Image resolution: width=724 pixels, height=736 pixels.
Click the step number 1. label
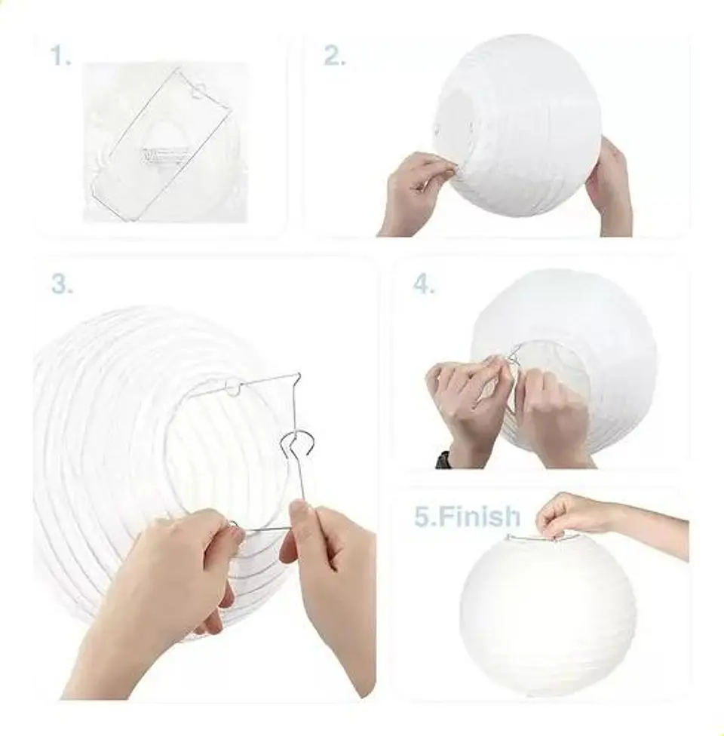point(61,56)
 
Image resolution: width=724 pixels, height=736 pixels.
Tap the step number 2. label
point(335,56)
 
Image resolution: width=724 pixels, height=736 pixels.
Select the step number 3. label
point(63,284)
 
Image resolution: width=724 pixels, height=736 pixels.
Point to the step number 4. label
point(424,284)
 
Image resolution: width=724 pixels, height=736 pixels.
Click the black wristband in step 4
point(443,458)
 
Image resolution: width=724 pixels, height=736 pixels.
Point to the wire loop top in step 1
point(198,90)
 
